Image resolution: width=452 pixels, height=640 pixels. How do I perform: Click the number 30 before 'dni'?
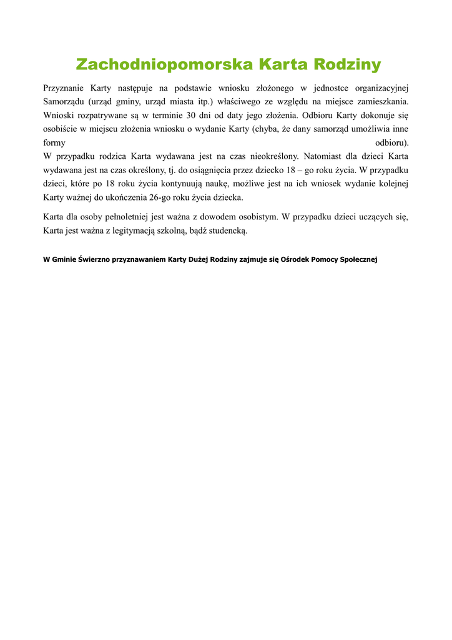[x=192, y=115]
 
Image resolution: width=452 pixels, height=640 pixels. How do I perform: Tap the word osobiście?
[x=61, y=129]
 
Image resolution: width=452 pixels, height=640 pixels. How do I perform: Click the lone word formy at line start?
[x=54, y=142]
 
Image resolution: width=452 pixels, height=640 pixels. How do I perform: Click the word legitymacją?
[x=119, y=231]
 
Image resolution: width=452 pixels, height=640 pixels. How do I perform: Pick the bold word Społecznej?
[x=358, y=259]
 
